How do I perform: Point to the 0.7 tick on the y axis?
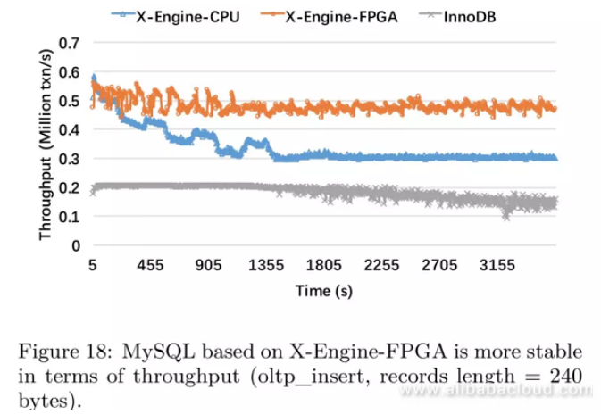pos(69,43)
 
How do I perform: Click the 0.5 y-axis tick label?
pos(69,101)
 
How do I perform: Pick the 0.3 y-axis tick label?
pos(69,159)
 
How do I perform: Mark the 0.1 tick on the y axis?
pos(69,217)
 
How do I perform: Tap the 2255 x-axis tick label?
pos(382,265)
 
